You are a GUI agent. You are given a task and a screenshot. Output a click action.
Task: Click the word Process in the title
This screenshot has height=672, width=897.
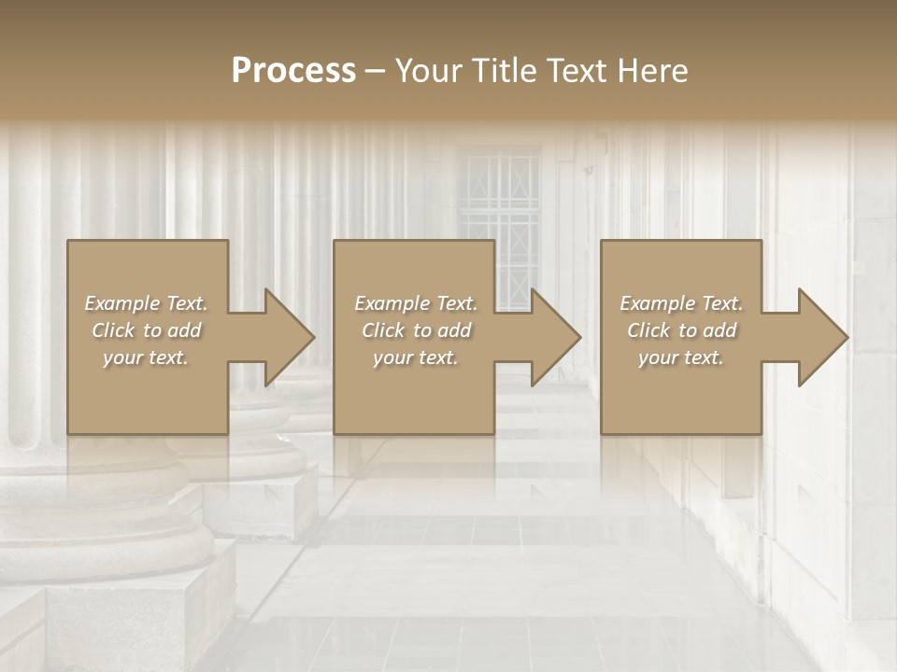(x=293, y=71)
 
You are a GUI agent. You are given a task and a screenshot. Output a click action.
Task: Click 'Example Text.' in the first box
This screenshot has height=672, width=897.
(x=147, y=303)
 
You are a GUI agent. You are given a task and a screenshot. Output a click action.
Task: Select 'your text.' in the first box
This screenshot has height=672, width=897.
(x=147, y=357)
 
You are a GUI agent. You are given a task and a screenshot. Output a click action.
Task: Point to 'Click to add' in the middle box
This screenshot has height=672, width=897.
(x=417, y=330)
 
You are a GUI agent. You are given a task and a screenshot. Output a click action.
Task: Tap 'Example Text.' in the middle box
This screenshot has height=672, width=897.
(x=417, y=303)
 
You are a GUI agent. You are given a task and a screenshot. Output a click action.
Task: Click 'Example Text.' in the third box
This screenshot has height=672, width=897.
(x=682, y=303)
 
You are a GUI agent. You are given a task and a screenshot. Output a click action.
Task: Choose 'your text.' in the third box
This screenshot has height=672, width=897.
(x=682, y=357)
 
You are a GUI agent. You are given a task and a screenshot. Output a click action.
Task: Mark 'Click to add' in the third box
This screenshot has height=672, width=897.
(x=682, y=330)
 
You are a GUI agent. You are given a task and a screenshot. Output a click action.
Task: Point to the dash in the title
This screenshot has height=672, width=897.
(x=376, y=71)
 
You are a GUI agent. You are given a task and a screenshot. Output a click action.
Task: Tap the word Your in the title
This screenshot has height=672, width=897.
(x=430, y=71)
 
